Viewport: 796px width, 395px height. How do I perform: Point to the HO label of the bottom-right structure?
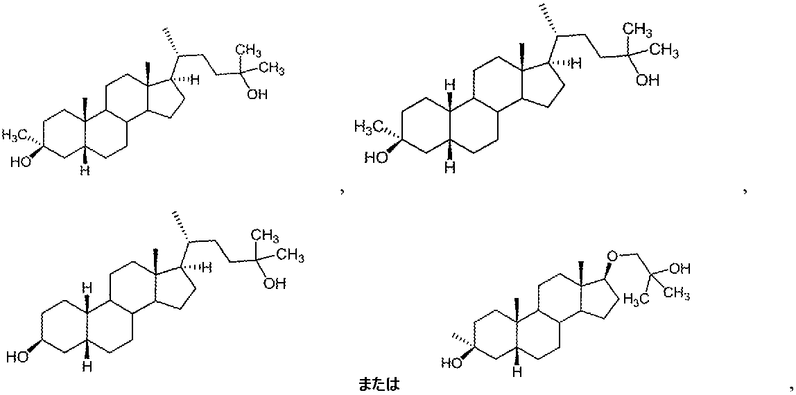pos(453,362)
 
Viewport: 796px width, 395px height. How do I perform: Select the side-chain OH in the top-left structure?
pos(257,94)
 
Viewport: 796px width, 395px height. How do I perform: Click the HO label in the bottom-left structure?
pos(19,358)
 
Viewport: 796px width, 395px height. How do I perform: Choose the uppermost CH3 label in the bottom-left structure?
pos(266,236)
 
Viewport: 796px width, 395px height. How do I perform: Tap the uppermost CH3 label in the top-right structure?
pos(637,29)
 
